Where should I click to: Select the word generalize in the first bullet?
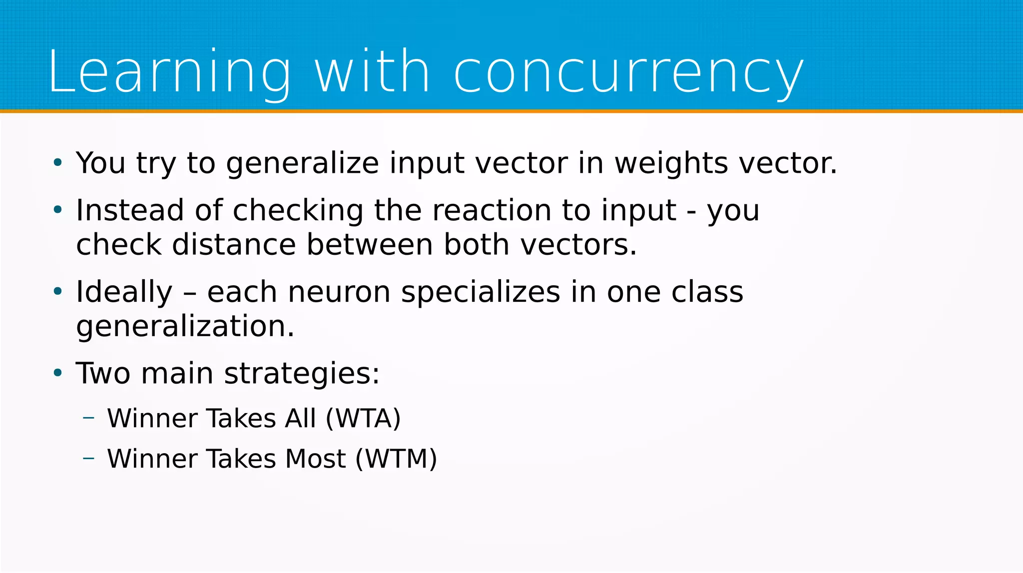click(302, 164)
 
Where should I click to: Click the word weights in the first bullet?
click(671, 163)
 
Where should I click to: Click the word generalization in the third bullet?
click(185, 327)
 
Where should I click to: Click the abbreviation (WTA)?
click(363, 419)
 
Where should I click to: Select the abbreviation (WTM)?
click(396, 459)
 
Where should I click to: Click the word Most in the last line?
click(315, 459)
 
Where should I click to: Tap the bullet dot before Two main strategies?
click(58, 373)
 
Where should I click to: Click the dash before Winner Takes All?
click(89, 417)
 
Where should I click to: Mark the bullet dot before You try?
click(58, 162)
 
